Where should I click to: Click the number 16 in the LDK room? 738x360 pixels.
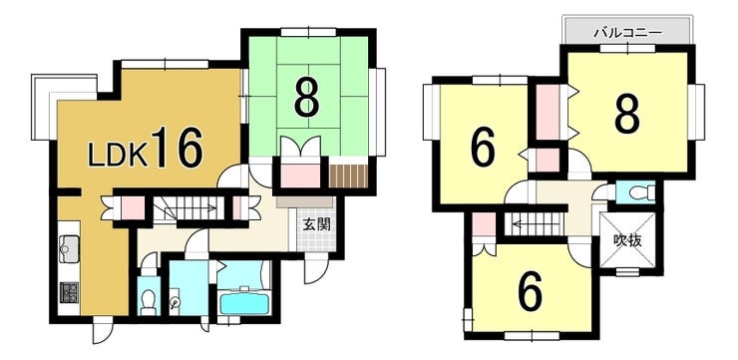point(178,148)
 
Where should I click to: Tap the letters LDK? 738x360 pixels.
point(118,155)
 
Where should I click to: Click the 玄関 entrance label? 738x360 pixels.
point(316,225)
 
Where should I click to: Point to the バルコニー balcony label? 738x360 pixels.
point(628,33)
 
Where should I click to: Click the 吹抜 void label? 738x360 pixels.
point(628,240)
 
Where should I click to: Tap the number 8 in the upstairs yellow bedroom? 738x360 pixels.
point(628,115)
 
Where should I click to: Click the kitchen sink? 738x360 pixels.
point(69,249)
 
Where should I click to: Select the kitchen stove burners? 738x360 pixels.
point(69,293)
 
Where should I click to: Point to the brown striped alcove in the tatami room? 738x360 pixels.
point(348,176)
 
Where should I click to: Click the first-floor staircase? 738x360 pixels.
point(188,208)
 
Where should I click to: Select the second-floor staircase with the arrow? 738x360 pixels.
point(534,224)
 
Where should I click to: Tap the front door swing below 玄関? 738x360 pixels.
point(316,270)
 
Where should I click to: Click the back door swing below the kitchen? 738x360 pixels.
point(103,330)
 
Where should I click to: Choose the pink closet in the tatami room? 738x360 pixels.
point(300,176)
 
